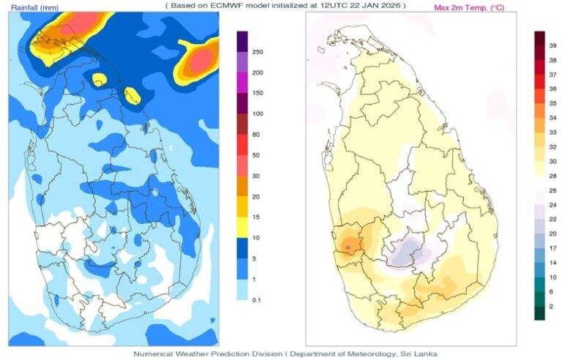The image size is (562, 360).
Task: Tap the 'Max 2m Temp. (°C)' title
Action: [468, 7]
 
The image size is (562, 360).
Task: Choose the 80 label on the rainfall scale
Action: [257, 135]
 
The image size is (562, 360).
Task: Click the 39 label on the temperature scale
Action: [553, 45]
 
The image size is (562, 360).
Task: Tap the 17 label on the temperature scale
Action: [553, 248]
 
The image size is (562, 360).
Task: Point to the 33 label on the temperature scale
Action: [553, 132]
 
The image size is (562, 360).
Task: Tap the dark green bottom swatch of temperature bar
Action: [539, 312]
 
